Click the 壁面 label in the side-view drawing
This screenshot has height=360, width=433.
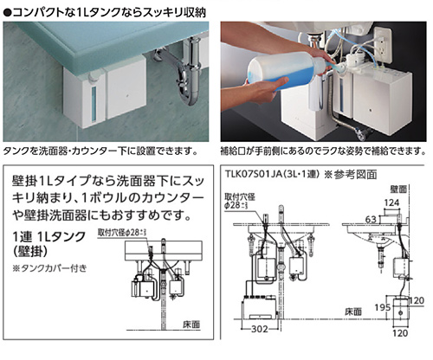pyautogui.click(x=399, y=187)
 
